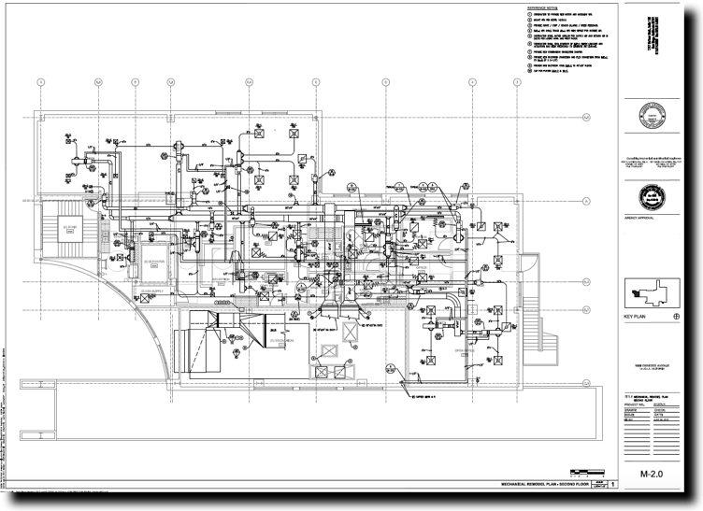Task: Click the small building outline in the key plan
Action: pyautogui.click(x=649, y=291)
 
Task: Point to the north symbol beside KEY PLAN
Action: pyautogui.click(x=676, y=318)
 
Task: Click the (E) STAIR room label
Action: pyautogui.click(x=69, y=227)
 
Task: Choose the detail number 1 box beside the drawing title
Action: pyautogui.click(x=614, y=485)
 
